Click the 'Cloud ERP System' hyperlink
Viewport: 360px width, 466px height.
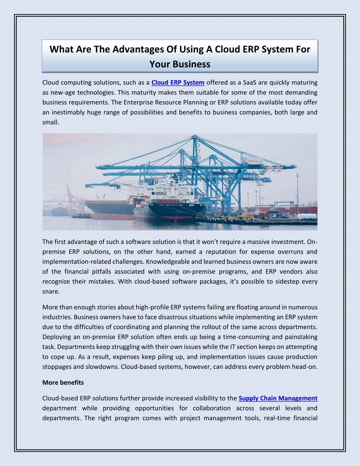click(x=178, y=83)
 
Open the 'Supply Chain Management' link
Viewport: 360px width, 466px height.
click(x=278, y=398)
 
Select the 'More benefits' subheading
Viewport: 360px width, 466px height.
click(x=63, y=382)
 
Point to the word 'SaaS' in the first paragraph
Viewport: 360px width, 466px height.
click(x=250, y=83)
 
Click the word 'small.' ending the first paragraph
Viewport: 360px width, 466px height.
click(x=51, y=122)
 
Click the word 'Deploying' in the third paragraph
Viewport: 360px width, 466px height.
click(x=56, y=337)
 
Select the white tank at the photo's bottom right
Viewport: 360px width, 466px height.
click(x=307, y=216)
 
